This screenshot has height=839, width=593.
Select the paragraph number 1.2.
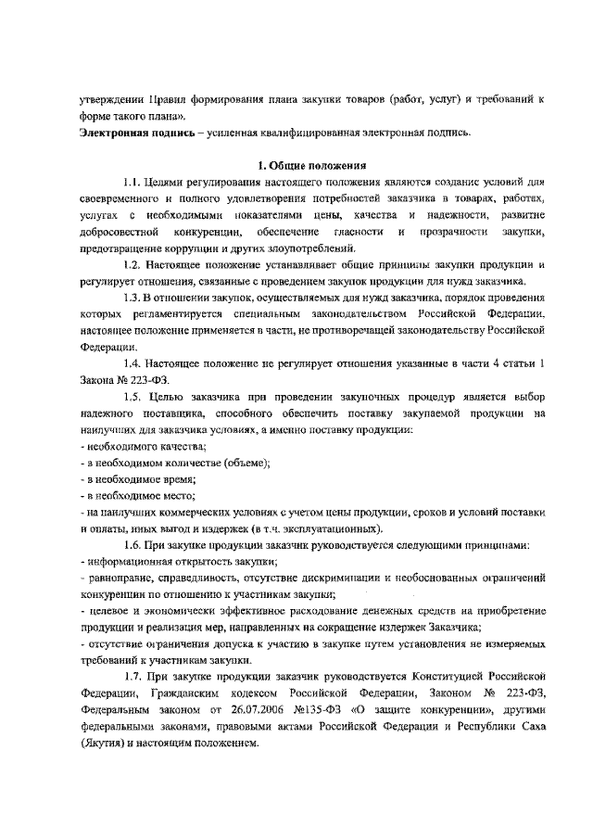coord(134,264)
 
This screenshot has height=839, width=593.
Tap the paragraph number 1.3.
coord(134,299)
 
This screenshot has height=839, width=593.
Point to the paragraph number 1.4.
coord(134,362)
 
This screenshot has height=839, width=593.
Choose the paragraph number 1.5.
coord(134,398)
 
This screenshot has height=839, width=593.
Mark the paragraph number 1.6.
coord(134,545)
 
